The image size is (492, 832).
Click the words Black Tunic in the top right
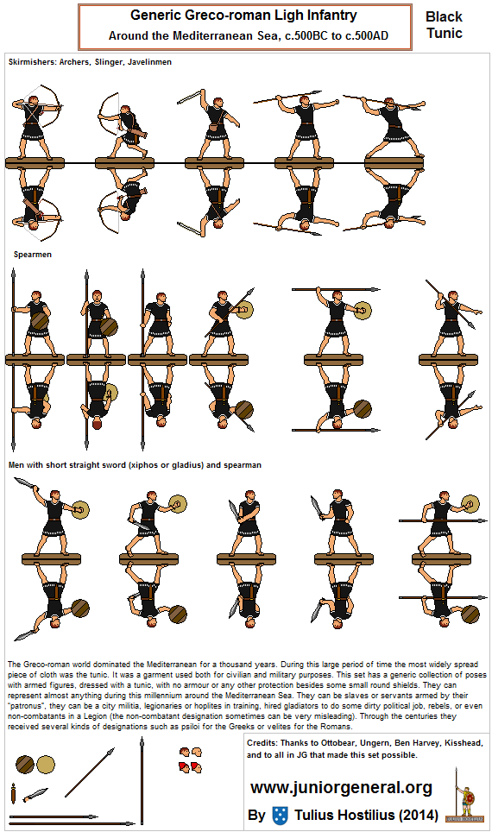[x=444, y=25]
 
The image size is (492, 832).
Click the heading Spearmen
[x=32, y=255]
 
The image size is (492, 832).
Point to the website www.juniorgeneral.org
[x=341, y=787]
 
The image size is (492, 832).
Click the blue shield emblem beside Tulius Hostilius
[x=280, y=815]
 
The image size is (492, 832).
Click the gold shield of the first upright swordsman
[x=80, y=509]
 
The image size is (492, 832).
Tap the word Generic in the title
[x=156, y=16]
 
